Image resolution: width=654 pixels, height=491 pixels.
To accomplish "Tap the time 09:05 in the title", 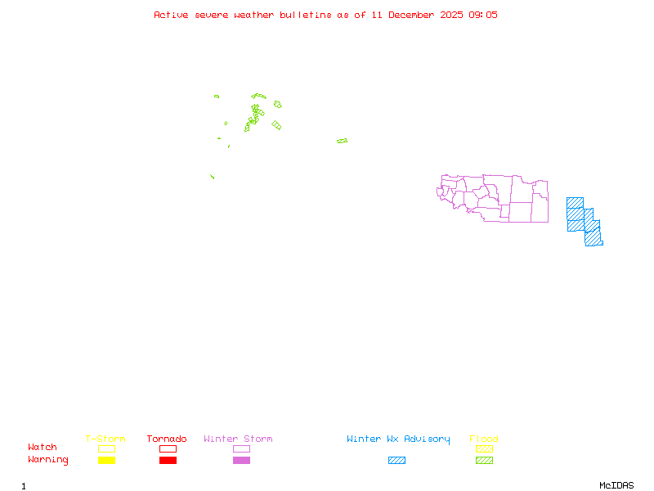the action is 482,15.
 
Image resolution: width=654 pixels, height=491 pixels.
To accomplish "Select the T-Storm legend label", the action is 105,439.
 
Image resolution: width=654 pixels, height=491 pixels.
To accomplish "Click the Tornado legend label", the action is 167,439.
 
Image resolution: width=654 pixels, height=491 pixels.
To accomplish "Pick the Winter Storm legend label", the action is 238,439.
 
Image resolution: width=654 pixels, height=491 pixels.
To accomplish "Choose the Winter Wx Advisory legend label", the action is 398,439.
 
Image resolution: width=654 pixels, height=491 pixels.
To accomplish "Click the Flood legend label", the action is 484,439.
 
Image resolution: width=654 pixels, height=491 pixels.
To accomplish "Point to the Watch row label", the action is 43,448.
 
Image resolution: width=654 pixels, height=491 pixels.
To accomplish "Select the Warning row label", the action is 48,460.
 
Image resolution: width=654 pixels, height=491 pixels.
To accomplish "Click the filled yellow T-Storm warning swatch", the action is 106,461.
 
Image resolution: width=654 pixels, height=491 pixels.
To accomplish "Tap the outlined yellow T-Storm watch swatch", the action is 106,448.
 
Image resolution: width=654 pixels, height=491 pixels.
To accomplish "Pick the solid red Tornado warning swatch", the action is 168,461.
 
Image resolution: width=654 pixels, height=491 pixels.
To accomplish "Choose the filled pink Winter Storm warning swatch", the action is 241,461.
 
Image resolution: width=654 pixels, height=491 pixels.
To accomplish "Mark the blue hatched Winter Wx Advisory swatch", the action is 396,461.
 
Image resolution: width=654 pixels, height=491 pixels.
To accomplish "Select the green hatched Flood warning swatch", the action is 484,461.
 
